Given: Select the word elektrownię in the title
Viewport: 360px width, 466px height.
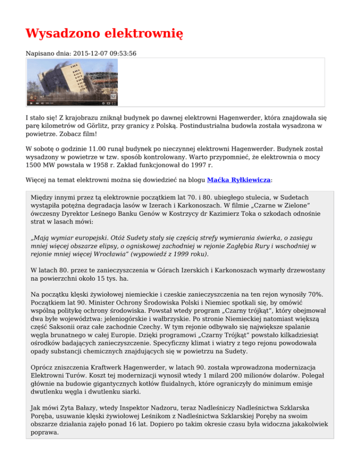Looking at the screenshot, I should pos(143,34).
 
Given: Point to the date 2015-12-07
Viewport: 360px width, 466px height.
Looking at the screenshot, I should pos(91,54).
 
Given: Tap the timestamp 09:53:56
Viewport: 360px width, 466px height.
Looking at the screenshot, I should pos(123,54).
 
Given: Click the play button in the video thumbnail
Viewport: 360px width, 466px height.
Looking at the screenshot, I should pos(31,103).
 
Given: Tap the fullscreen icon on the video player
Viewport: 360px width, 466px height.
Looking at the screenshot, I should pos(113,103).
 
